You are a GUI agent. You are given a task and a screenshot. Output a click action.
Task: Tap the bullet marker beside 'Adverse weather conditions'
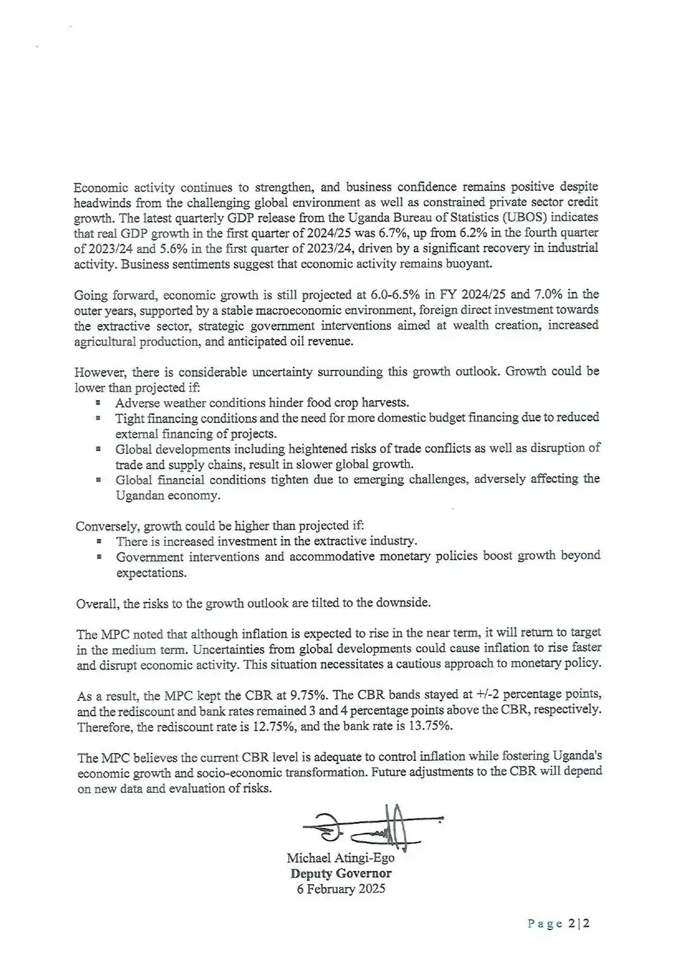tap(97, 403)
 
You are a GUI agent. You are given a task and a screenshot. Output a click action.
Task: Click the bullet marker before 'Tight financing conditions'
tap(97, 418)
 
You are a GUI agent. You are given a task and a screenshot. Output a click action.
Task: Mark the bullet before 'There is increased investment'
tap(98, 542)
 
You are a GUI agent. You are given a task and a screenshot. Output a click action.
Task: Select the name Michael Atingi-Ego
tap(340, 858)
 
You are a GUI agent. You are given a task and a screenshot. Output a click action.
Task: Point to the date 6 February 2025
tap(341, 889)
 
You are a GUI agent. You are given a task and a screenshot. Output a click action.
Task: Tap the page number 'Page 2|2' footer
tap(558, 924)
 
